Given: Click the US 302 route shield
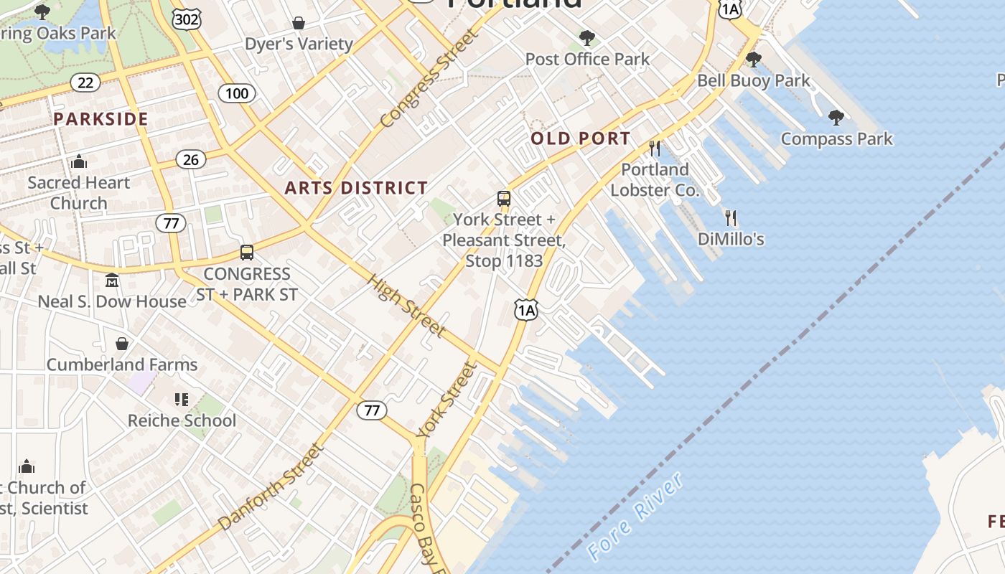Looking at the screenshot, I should pos(187,19).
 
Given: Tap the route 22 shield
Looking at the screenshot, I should pos(85,83).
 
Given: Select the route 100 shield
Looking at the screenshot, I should pos(236,93).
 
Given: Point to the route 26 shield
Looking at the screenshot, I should pos(190,159).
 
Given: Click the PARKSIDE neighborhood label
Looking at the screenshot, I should pos(100,119).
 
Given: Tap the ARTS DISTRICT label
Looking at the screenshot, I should pos(356,188).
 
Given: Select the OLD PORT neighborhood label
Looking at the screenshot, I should pos(581,138).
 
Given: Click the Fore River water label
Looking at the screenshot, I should pos(635,517).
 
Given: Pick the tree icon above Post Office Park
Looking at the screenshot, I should pos(587,37).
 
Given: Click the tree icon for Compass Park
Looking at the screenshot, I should pos(836,117).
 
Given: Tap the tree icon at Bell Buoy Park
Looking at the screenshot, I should pos(753,59).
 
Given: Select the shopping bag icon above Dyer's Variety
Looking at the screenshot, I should pos(298,23).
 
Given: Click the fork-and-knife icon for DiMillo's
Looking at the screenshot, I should pos(731,217).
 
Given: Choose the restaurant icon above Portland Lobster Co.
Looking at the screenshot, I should pos(655,149).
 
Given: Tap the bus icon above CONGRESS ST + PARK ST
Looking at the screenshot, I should pos(247,253).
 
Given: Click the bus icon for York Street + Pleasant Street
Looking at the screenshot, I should pos(504,199).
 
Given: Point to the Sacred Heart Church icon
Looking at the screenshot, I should pos(79,162).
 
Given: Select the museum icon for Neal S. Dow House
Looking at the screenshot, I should pos(112,281).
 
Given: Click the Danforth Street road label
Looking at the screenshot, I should pos(271,487).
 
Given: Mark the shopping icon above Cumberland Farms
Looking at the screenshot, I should pos(122,344).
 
